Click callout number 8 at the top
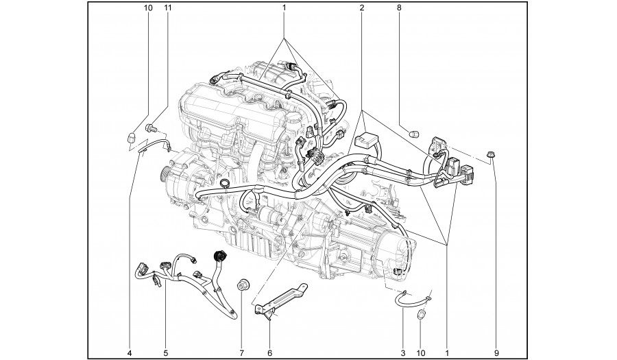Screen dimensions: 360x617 (x=398, y=8)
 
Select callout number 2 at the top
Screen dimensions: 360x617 (x=361, y=8)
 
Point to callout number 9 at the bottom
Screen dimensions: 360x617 (x=496, y=353)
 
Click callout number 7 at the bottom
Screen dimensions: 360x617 (x=241, y=353)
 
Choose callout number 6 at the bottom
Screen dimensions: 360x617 (x=269, y=353)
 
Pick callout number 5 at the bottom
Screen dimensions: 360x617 (x=166, y=353)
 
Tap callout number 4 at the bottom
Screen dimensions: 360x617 (x=130, y=353)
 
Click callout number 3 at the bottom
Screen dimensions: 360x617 (x=402, y=353)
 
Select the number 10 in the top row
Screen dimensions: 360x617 (x=148, y=8)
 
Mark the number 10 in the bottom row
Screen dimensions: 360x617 (x=421, y=353)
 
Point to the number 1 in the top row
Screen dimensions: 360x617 (x=284, y=8)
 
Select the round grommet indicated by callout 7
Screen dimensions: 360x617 (x=243, y=284)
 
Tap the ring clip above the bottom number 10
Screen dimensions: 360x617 (x=422, y=314)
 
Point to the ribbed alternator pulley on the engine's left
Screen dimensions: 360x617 (x=164, y=172)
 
